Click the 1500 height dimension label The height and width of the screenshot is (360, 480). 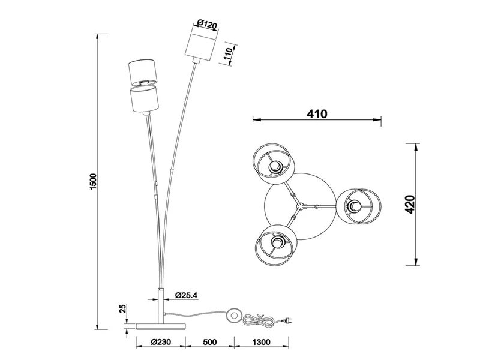pyautogui.click(x=93, y=181)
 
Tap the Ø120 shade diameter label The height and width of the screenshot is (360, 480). pyautogui.click(x=208, y=24)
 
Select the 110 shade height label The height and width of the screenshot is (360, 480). pyautogui.click(x=229, y=55)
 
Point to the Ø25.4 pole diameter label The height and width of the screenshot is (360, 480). pyautogui.click(x=187, y=295)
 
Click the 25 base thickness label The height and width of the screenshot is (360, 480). pyautogui.click(x=123, y=309)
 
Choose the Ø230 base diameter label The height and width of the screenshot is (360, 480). pyautogui.click(x=161, y=342)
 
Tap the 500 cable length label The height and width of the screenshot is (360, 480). pyautogui.click(x=209, y=342)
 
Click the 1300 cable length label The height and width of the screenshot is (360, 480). pyautogui.click(x=262, y=342)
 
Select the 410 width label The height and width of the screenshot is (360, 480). pyautogui.click(x=317, y=114)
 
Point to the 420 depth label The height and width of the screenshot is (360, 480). pyautogui.click(x=409, y=204)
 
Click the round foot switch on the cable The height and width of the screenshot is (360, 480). pyautogui.click(x=235, y=316)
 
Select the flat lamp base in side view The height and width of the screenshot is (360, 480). pyautogui.click(x=161, y=326)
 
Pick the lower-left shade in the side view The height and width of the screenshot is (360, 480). pyautogui.click(x=143, y=99)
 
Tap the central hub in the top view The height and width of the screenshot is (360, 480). pyautogui.click(x=302, y=206)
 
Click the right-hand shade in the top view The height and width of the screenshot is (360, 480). pyautogui.click(x=359, y=206)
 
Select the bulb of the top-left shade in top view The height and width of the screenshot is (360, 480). pyautogui.click(x=275, y=167)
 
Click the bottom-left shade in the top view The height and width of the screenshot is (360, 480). pyautogui.click(x=275, y=245)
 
